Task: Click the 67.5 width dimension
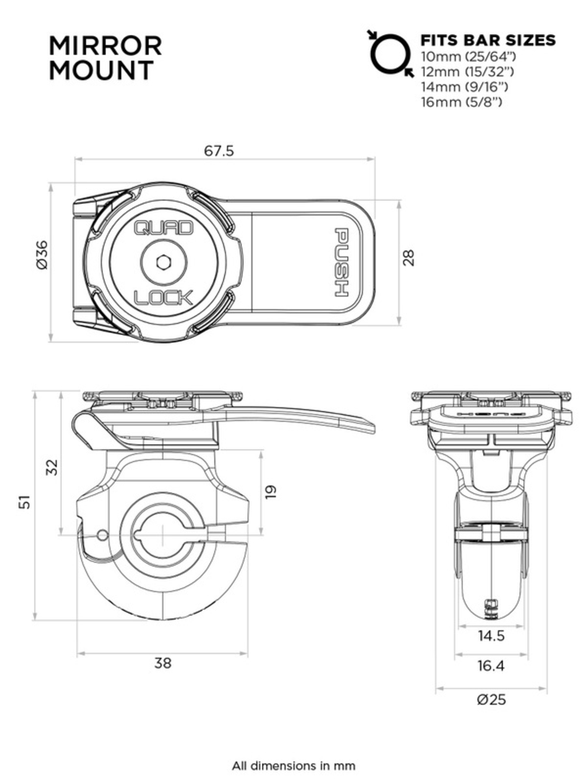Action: (219, 151)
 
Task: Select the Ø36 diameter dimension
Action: (42, 254)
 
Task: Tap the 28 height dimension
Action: (409, 257)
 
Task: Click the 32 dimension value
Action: (51, 467)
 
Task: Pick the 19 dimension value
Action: (271, 491)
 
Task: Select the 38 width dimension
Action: (162, 663)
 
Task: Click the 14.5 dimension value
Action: (491, 635)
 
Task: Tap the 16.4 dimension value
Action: (491, 665)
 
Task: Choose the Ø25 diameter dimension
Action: (491, 699)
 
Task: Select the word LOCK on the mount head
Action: (163, 298)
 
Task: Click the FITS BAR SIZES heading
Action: (488, 40)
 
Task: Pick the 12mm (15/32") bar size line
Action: (467, 71)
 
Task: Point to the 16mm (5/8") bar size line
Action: (461, 102)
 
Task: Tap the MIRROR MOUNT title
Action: (105, 58)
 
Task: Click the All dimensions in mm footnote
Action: (293, 766)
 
